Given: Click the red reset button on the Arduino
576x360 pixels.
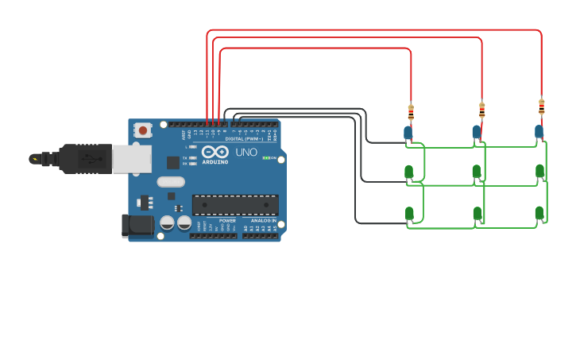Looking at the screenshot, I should tap(142, 130).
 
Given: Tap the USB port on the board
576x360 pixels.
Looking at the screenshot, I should tap(131, 159).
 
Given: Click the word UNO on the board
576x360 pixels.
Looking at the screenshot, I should tap(246, 152).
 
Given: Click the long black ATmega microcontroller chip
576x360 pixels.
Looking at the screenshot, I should tap(235, 204).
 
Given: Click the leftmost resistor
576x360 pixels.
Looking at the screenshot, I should tap(411, 112).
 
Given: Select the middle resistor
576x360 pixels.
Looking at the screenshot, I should tap(481, 109).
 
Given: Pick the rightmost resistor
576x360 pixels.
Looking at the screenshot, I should tap(542, 106).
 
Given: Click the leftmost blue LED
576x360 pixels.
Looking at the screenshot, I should tap(408, 133).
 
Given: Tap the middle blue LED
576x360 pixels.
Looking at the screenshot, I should tap(477, 131).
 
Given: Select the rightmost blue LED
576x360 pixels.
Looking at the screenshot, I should tap(539, 130).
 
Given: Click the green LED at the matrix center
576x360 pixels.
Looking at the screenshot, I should tap(477, 171).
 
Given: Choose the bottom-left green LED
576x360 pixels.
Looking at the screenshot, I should tap(409, 213).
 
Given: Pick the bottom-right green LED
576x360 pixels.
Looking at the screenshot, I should tap(539, 212).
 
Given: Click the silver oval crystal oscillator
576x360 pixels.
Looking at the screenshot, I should tap(171, 181).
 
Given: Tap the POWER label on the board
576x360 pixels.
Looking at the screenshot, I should tap(227, 220).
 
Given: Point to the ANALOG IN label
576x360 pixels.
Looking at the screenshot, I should tap(263, 220).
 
